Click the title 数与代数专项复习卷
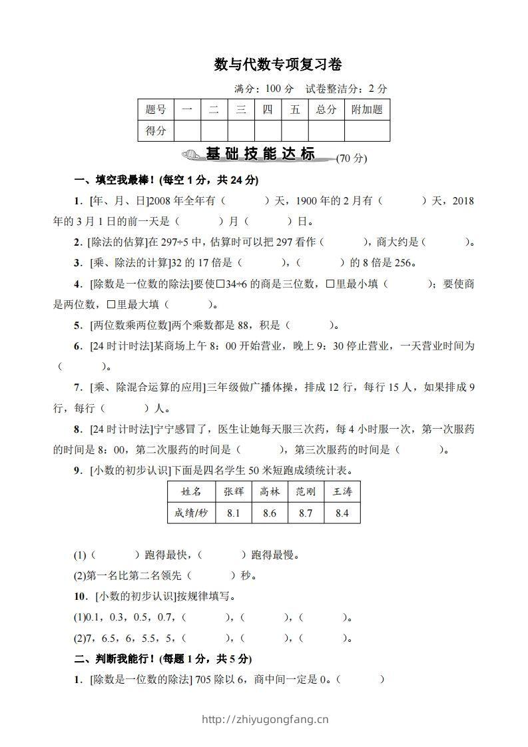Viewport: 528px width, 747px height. coord(278,65)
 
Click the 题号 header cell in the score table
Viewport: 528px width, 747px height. coord(155,110)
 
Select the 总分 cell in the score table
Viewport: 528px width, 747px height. coord(326,110)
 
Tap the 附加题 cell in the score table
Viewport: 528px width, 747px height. coord(367,110)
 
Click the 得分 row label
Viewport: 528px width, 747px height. coord(155,130)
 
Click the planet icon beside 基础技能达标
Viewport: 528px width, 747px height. coord(191,155)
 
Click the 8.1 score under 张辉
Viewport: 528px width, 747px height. coord(233,513)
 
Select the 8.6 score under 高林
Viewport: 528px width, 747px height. coord(270,513)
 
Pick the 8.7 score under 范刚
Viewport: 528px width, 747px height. coord(306,513)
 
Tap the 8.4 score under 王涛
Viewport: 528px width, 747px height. coord(342,513)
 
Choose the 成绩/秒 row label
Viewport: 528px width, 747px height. coord(191,513)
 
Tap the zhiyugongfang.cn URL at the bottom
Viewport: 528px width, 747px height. coord(264,719)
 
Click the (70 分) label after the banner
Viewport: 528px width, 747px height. coord(352,158)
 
